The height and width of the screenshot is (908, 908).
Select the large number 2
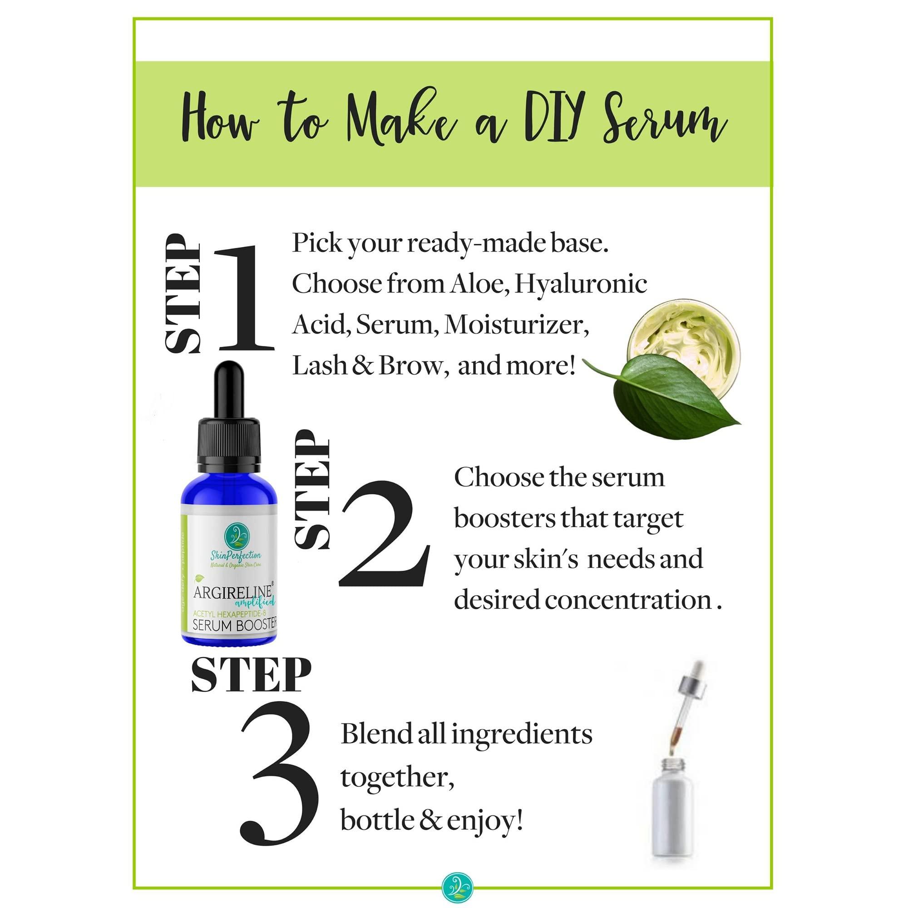tap(385, 534)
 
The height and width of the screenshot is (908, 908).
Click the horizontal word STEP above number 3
tap(251, 675)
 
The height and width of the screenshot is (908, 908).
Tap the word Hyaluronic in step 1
tap(581, 284)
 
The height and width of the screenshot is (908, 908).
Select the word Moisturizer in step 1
tap(516, 325)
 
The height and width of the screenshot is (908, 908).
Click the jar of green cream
tap(684, 336)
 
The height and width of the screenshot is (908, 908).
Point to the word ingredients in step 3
tap(522, 734)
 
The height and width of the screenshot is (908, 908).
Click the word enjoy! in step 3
tap(485, 820)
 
